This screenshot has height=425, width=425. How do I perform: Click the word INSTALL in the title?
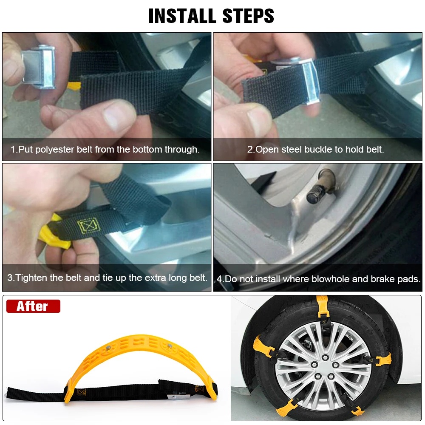click(x=179, y=16)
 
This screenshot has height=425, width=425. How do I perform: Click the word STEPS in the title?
click(x=247, y=16)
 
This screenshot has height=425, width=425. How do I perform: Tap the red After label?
click(x=33, y=306)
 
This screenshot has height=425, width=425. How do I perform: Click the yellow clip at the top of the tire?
click(x=323, y=306)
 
